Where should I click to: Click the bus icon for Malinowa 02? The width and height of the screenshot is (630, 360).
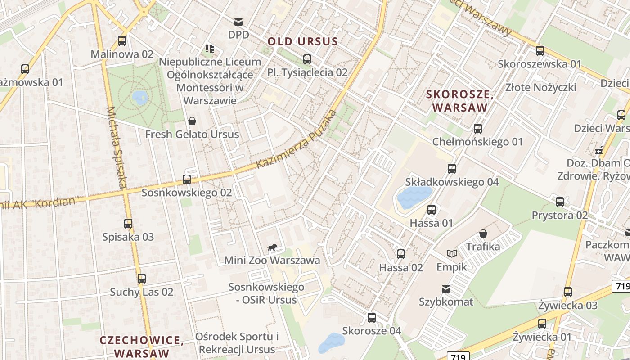121,41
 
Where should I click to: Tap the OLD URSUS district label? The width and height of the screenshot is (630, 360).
303,42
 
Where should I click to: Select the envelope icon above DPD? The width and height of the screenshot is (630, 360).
238,22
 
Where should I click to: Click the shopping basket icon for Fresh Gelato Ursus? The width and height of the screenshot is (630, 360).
192,121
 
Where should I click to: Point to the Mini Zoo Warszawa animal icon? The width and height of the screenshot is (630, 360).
272,247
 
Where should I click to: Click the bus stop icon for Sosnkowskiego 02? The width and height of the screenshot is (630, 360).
187,180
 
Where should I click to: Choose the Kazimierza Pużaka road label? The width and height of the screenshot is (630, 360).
296,139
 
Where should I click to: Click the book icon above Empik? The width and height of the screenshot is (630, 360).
451,253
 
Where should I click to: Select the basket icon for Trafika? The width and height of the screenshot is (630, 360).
483,234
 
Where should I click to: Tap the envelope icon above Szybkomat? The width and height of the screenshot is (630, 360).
446,288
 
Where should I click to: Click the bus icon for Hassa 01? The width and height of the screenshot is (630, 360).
432,210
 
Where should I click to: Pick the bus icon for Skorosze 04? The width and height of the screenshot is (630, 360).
371,318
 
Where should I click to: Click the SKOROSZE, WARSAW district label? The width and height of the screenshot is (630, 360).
460,101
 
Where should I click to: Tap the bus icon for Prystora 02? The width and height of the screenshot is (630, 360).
560,202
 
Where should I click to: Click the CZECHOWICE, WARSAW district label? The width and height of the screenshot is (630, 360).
142,346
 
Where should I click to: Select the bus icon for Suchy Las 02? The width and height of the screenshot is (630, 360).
142,279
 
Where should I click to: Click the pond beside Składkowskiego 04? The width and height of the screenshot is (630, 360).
413,198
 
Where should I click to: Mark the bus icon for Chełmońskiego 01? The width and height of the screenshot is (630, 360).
478,129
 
